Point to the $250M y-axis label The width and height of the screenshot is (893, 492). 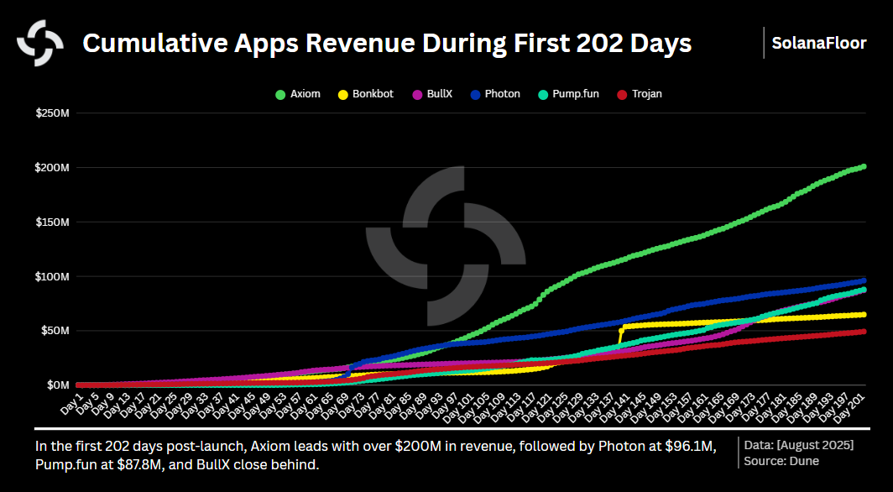tap(52, 113)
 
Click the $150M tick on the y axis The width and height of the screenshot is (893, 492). tap(52, 222)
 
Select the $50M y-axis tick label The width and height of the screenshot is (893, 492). tap(55, 331)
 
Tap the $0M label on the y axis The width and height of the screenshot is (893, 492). tap(58, 385)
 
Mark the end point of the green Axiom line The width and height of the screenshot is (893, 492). tap(864, 166)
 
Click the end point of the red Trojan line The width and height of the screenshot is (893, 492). tap(864, 332)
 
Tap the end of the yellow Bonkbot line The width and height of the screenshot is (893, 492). tap(864, 315)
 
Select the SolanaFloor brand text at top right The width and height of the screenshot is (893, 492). tap(820, 43)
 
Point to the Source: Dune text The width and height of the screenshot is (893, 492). tap(781, 460)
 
